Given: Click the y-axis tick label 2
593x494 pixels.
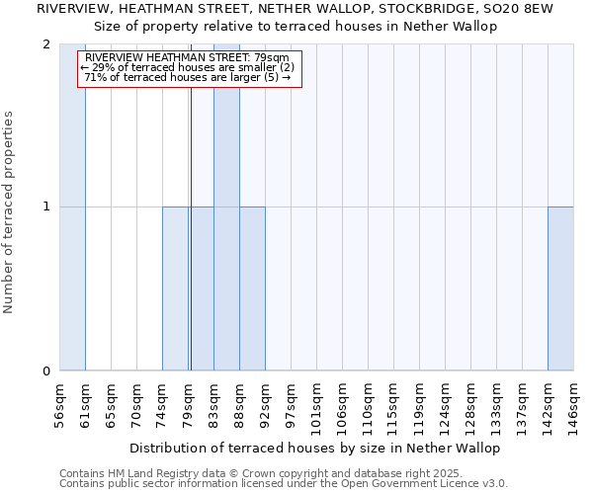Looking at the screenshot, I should tap(46, 44).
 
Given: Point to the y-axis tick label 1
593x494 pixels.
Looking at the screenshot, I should tap(46, 206).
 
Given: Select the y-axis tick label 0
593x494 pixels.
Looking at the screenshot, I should tap(46, 370).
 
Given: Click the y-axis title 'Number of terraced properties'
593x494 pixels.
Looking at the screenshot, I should tap(9, 212).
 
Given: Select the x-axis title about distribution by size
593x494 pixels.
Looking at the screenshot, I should tap(329, 448).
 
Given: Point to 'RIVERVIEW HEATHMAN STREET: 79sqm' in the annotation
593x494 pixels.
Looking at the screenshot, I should tap(188, 58).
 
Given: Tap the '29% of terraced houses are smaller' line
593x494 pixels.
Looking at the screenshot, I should tap(188, 67).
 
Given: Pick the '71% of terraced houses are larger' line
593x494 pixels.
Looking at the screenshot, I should tap(188, 77).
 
